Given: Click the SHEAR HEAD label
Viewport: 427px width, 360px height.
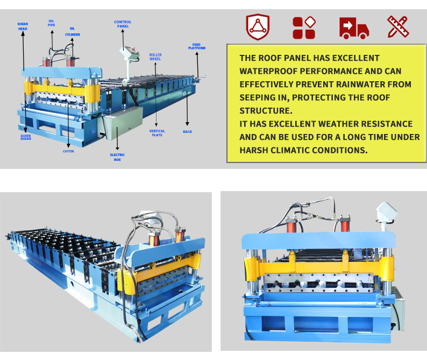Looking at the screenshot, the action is [23, 26].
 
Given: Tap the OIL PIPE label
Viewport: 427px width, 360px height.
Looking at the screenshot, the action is [51, 23].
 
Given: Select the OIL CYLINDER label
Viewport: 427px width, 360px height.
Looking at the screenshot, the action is [73, 31].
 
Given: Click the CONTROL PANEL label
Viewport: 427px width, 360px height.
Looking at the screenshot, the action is [123, 24].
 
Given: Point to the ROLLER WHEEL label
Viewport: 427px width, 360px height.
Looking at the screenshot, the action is [155, 57].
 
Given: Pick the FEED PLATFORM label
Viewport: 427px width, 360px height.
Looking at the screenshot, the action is [197, 46].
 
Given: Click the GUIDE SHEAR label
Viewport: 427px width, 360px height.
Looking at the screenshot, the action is [26, 137].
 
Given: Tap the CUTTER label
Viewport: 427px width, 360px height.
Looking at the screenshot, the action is [68, 151].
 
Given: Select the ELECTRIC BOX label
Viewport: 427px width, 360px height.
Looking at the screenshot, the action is [117, 157].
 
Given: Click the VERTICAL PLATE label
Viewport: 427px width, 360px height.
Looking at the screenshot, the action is [157, 133].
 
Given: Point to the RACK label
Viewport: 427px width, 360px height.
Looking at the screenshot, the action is [187, 132].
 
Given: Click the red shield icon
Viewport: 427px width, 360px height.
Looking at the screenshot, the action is [258, 27].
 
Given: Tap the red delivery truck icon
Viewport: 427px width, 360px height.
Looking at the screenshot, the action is [354, 28].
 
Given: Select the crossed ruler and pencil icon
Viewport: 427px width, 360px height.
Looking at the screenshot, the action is [398, 26].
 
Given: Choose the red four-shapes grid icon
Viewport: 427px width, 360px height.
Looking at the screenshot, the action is [304, 27].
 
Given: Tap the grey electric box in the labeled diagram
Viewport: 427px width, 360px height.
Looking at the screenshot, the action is [123, 123].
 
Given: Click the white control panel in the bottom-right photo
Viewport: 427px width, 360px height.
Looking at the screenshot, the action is [386, 211].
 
